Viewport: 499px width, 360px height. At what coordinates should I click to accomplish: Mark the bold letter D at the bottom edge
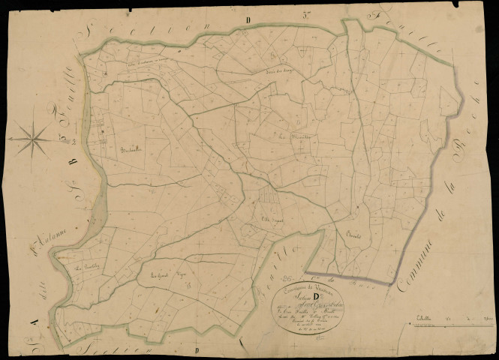(196, 350)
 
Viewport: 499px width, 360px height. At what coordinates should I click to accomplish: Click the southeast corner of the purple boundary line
(390, 284)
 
